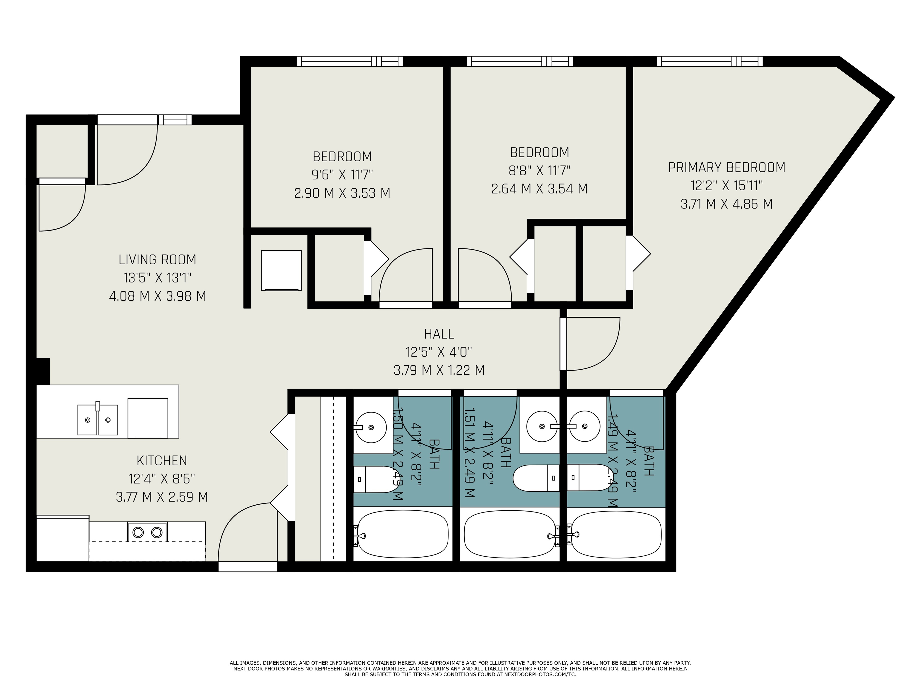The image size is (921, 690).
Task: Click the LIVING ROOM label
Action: click(x=157, y=259)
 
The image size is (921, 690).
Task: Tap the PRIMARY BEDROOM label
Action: click(x=727, y=167)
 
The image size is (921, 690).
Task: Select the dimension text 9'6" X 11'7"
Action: click(x=342, y=175)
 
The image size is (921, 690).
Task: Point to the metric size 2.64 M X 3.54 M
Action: click(x=539, y=189)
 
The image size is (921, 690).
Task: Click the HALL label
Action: click(x=439, y=333)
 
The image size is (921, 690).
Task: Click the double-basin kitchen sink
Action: click(x=98, y=420)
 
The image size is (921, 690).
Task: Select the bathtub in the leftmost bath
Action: click(x=403, y=535)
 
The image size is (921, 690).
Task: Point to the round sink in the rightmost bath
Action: click(x=585, y=426)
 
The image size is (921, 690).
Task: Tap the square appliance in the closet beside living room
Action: click(x=281, y=270)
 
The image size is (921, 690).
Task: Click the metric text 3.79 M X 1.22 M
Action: click(x=439, y=370)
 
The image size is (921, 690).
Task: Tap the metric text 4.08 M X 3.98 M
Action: click(x=157, y=296)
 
